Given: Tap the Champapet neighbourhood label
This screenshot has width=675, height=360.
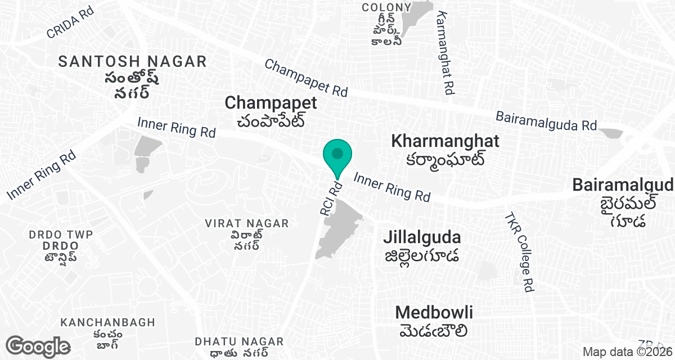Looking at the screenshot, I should (271, 103).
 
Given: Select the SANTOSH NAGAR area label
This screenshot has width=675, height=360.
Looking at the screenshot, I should (133, 61).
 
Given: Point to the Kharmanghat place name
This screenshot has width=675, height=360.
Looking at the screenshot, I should (445, 141).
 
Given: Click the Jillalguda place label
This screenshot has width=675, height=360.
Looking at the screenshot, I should (422, 237).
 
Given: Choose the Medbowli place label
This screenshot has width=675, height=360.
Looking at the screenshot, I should (434, 313).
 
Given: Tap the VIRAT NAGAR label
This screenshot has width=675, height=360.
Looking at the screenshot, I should (247, 223).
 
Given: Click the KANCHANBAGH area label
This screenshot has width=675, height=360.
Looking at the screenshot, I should (108, 322).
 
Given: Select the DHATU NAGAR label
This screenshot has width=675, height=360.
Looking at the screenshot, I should (239, 341).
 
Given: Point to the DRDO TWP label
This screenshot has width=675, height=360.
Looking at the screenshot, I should (60, 234).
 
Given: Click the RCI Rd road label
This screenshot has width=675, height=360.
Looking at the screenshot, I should (330, 199).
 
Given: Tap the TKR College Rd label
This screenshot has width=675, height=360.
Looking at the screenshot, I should (518, 251).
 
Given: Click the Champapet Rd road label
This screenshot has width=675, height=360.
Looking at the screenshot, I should (306, 78).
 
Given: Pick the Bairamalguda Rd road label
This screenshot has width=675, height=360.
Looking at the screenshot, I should (546, 121).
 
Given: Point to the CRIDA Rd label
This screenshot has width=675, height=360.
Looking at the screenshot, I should (70, 24).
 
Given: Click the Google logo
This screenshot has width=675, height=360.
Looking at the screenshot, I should (38, 346).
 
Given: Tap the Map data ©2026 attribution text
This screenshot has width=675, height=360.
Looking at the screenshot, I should (628, 352).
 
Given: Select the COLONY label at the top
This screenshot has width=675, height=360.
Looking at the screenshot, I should (386, 7).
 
